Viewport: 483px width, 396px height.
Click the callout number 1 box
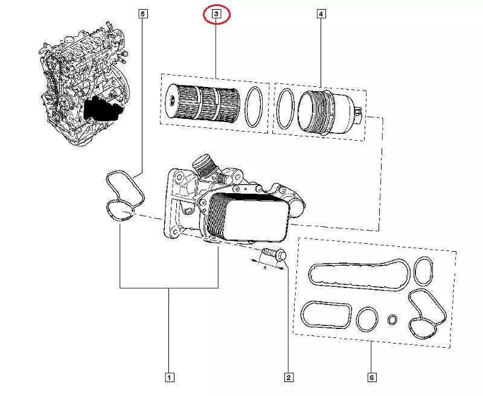pos(170,378)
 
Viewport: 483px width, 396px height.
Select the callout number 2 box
pos(289,378)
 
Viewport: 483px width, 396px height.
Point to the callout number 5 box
pos(142,13)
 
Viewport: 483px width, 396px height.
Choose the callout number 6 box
pos(371,378)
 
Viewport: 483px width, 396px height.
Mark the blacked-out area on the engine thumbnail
pos(103,109)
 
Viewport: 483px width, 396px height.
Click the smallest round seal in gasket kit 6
pos(393,319)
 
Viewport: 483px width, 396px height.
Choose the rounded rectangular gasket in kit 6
pos(325,316)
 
